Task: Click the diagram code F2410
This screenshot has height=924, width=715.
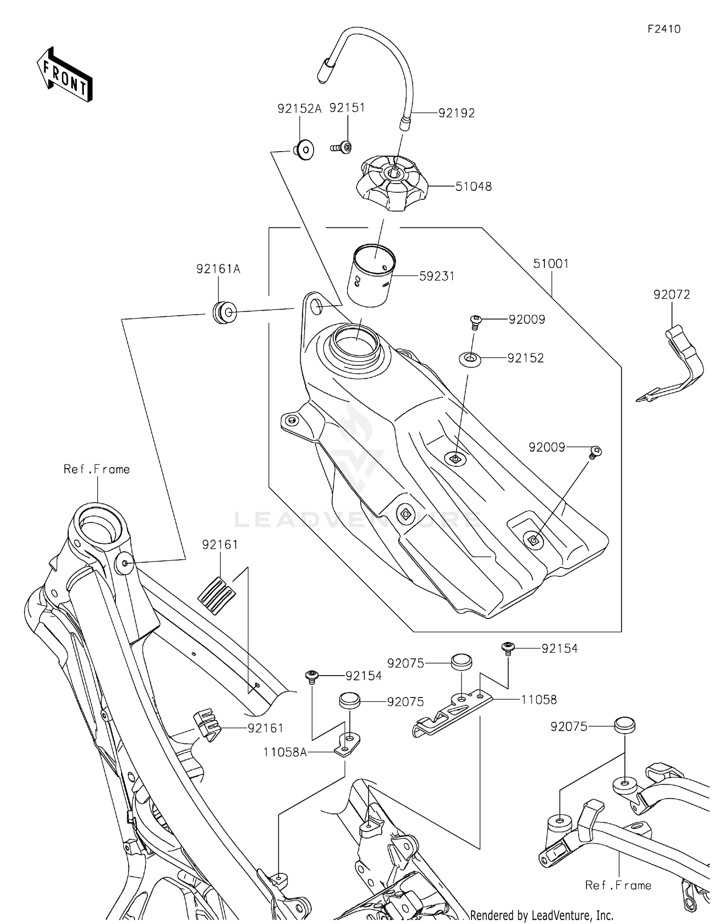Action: click(x=664, y=29)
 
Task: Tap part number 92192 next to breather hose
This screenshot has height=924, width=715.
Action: click(x=456, y=113)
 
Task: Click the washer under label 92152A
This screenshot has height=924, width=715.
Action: click(x=304, y=150)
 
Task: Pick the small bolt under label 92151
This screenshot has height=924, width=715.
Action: click(x=342, y=148)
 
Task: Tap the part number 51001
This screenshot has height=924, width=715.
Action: click(x=551, y=264)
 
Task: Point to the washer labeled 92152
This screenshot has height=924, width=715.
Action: click(x=470, y=359)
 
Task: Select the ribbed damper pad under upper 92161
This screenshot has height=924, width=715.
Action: click(x=216, y=595)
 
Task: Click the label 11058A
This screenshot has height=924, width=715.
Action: click(x=285, y=752)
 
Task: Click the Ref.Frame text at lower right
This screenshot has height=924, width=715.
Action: click(x=618, y=885)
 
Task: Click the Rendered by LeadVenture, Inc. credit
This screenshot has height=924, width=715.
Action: click(x=541, y=915)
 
